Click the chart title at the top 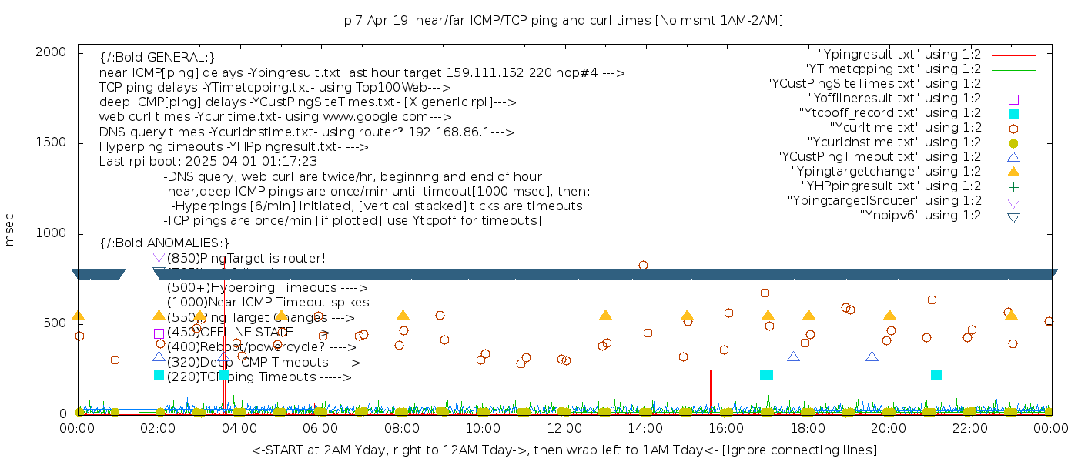tap(563, 20)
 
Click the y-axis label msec tap(10, 229)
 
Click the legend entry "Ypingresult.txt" tap(899, 55)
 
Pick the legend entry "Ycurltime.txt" tap(905, 128)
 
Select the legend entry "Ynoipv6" tap(920, 216)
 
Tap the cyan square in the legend tap(1013, 114)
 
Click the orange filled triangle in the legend tap(1013, 172)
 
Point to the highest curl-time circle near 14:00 tap(643, 265)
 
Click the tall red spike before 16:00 tap(711, 362)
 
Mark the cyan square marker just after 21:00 tap(936, 375)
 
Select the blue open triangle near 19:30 tap(872, 357)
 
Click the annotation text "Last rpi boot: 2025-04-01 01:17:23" tap(208, 162)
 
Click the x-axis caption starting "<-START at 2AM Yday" tap(564, 450)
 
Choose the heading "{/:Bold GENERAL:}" tap(157, 58)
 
